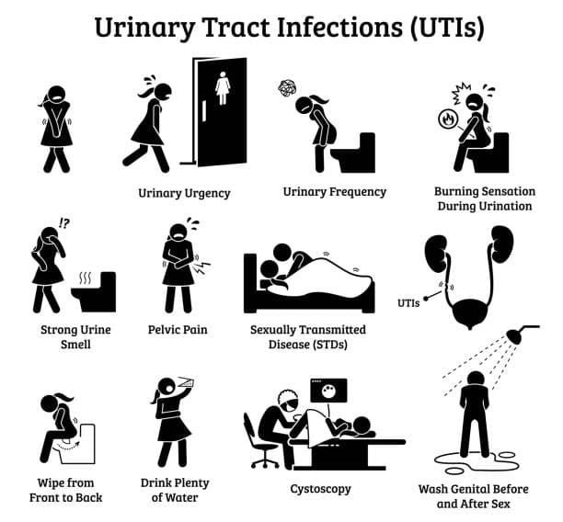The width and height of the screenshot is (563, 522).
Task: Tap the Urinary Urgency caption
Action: pyautogui.click(x=184, y=193)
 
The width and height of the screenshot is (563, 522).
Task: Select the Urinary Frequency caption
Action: pyautogui.click(x=334, y=192)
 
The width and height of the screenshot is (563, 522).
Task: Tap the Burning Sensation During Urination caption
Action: pyautogui.click(x=483, y=199)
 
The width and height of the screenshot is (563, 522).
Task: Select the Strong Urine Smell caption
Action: pyautogui.click(x=69, y=336)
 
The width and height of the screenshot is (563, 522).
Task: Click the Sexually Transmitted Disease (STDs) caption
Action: pyautogui.click(x=308, y=336)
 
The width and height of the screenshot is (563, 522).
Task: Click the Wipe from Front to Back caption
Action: pyautogui.click(x=66, y=489)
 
